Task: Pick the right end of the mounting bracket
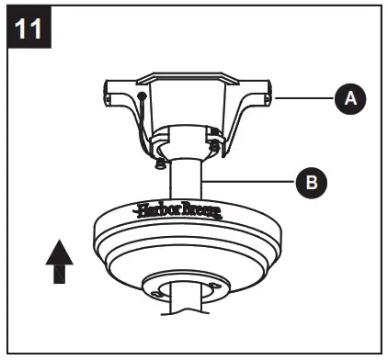(x=270, y=93)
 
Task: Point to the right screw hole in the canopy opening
(x=218, y=288)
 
